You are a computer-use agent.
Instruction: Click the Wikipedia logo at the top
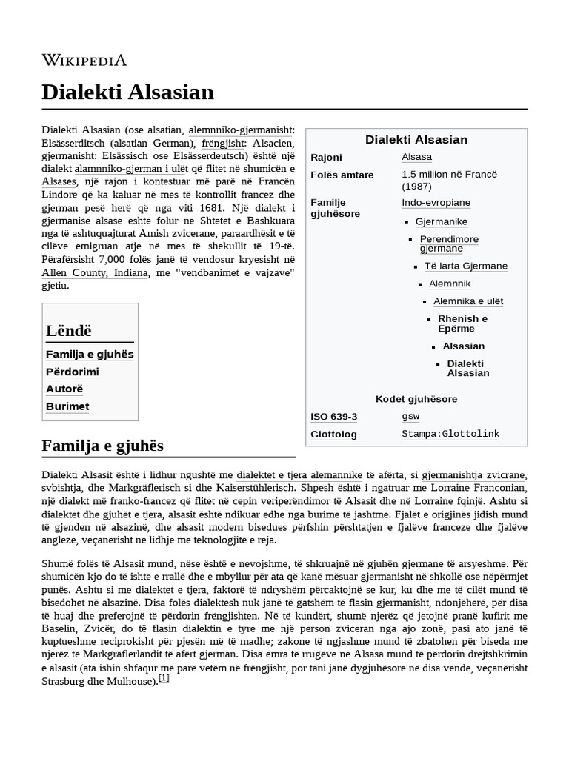pyautogui.click(x=84, y=60)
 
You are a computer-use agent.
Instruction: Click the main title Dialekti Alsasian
pyautogui.click(x=127, y=92)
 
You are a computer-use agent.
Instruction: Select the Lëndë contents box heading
pyautogui.click(x=69, y=331)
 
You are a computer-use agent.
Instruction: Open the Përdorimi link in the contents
pyautogui.click(x=72, y=372)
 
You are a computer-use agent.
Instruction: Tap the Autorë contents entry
pyautogui.click(x=64, y=389)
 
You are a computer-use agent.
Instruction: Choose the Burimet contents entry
pyautogui.click(x=67, y=406)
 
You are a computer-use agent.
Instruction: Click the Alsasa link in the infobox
pyautogui.click(x=416, y=157)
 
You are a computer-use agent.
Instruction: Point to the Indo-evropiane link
pyautogui.click(x=436, y=203)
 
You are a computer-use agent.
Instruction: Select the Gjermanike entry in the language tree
pyautogui.click(x=441, y=221)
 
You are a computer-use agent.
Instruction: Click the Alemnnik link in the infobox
pyautogui.click(x=449, y=284)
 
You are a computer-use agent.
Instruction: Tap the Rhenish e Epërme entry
pyautogui.click(x=462, y=323)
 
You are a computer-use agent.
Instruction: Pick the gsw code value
pyautogui.click(x=410, y=417)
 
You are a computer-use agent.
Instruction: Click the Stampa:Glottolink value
pyautogui.click(x=450, y=434)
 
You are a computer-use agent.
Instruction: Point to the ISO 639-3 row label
pyautogui.click(x=333, y=417)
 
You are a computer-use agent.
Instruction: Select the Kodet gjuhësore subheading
pyautogui.click(x=416, y=399)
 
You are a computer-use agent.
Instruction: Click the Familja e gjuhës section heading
pyautogui.click(x=103, y=446)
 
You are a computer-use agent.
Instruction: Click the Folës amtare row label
pyautogui.click(x=342, y=175)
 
